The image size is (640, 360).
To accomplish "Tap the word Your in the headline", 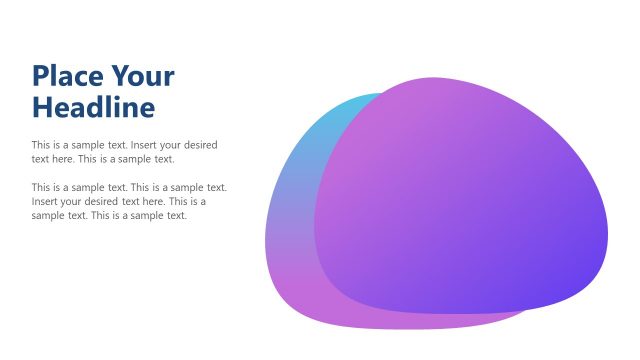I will (142, 76).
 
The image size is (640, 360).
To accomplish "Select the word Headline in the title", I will (93, 106).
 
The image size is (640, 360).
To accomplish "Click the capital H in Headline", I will (42, 106).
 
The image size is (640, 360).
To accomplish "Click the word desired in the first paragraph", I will (198, 145).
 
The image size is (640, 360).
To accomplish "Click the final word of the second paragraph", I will (176, 215).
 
